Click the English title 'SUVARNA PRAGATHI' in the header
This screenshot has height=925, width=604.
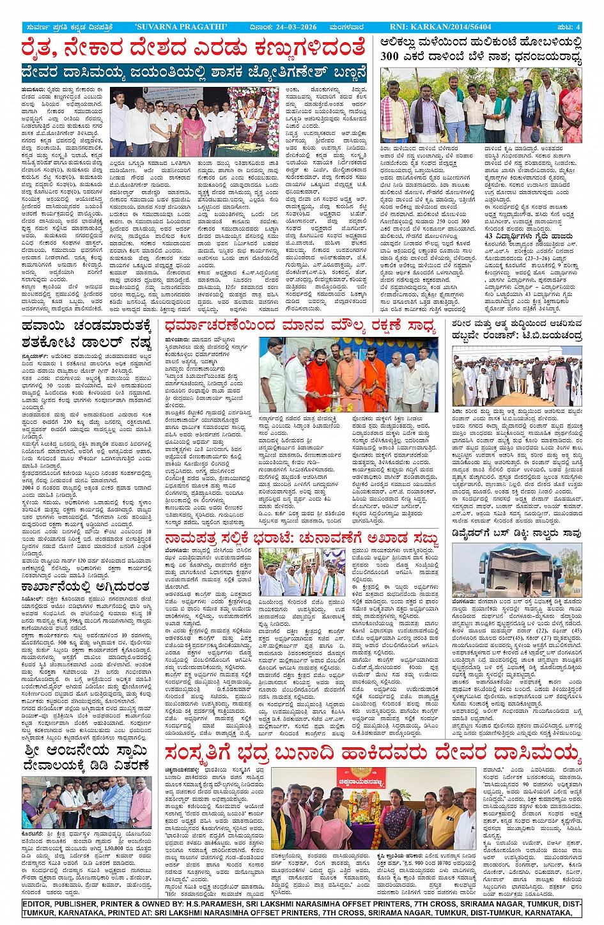pyautogui.click(x=182, y=27)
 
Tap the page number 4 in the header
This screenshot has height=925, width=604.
pyautogui.click(x=578, y=27)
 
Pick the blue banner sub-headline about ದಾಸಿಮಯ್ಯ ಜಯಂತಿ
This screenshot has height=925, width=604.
pyautogui.click(x=194, y=72)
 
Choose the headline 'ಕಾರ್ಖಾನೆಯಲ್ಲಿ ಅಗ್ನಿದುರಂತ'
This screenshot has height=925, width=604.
pyautogui.click(x=85, y=587)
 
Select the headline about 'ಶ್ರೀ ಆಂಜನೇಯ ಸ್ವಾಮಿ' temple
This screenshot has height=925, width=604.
pyautogui.click(x=86, y=757)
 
